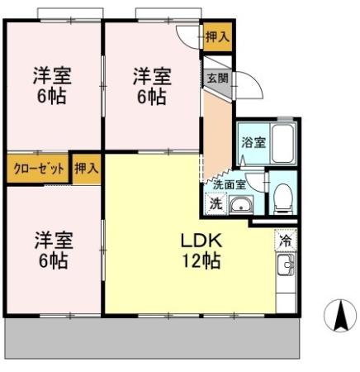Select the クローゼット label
(39, 168)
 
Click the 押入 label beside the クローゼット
(86, 168)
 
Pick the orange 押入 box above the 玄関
(217, 36)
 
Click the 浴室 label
(253, 142)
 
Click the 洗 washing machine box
(215, 204)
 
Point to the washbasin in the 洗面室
(240, 205)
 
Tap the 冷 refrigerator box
(285, 241)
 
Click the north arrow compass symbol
(338, 315)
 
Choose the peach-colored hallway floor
(217, 132)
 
